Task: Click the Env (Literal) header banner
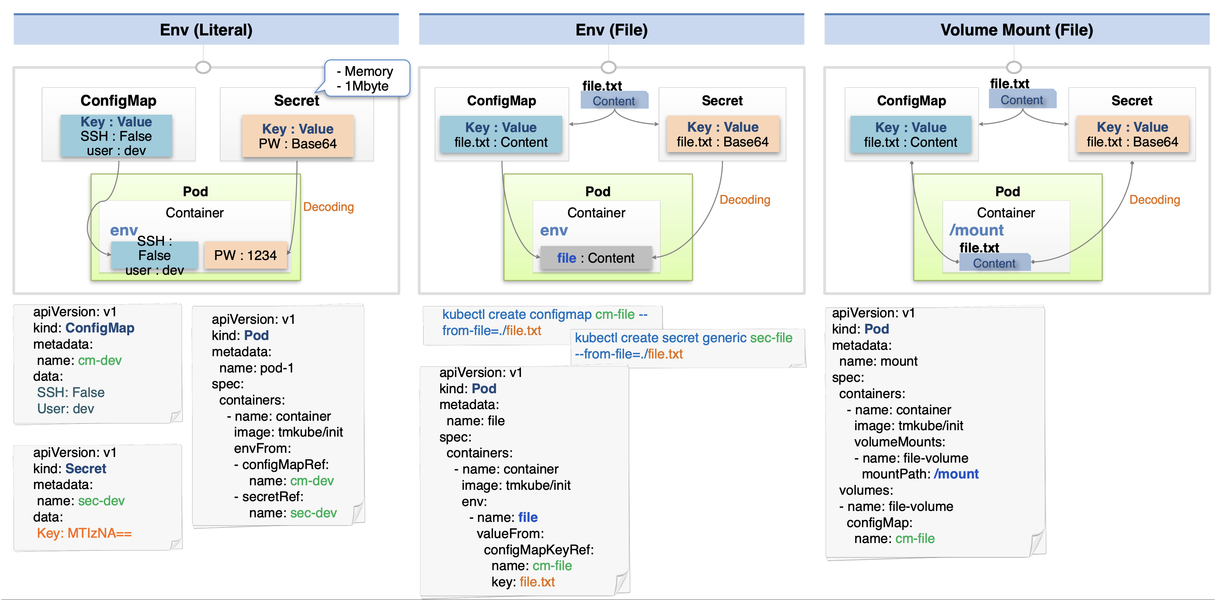tap(206, 29)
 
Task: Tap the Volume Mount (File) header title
tap(1016, 30)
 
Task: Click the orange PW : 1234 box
tap(245, 255)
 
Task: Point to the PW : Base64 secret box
tap(298, 136)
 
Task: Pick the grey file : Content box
tap(596, 258)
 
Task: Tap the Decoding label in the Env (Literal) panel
tap(328, 207)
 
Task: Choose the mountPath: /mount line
tap(920, 474)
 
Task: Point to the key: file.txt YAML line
tap(523, 582)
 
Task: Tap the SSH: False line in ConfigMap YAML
tap(71, 392)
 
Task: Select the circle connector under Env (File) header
tap(609, 67)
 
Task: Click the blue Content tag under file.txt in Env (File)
tap(614, 100)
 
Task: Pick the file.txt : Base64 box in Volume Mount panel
tap(1132, 134)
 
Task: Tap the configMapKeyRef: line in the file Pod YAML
tap(539, 550)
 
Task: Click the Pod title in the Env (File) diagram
tap(598, 191)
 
